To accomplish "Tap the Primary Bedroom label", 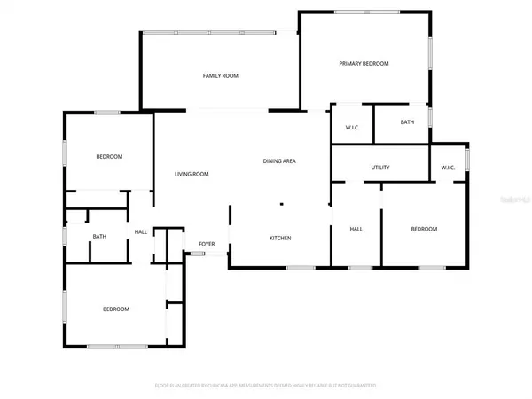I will [x=364, y=64].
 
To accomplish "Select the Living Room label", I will [x=192, y=174].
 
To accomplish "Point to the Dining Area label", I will [x=279, y=161].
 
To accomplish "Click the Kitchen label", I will [x=281, y=238].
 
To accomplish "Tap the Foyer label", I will [x=207, y=243].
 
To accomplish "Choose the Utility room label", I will [x=380, y=168].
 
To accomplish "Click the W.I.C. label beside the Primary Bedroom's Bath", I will [x=352, y=127].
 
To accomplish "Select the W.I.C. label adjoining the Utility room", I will [x=448, y=168].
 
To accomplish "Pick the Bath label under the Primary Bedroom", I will [x=407, y=122].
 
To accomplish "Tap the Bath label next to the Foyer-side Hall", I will [x=100, y=236].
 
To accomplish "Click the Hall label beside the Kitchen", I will [x=356, y=230].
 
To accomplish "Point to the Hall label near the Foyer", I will [x=141, y=231].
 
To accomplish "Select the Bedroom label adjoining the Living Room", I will [x=109, y=157].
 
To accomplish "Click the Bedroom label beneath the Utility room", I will [x=424, y=230].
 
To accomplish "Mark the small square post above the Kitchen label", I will [x=282, y=205].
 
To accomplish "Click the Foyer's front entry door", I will [x=197, y=254].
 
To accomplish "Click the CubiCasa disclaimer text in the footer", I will [x=266, y=386].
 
